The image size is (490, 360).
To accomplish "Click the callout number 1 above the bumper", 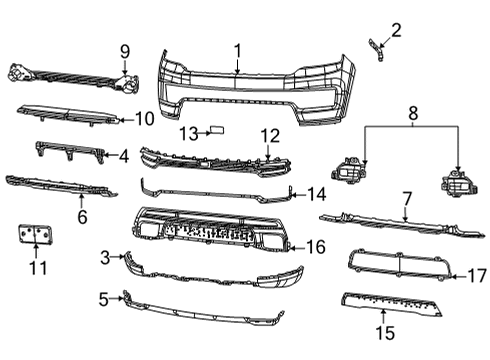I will [238, 50].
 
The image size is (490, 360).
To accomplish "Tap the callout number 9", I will [125, 51].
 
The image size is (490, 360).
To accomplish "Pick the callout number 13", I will [188, 133].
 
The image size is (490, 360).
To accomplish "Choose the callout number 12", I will [271, 135].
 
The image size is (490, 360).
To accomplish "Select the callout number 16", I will [316, 245].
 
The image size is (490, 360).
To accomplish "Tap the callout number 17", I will [476, 273].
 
